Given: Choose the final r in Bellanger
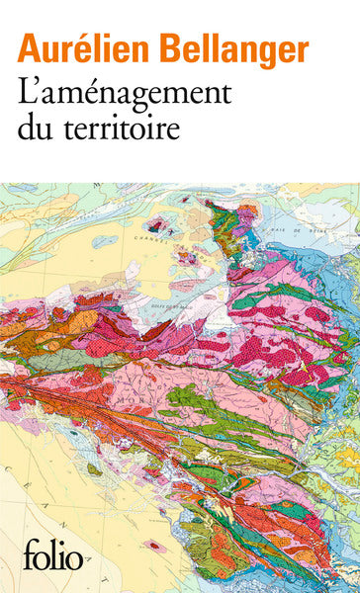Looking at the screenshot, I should pos(302,49).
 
